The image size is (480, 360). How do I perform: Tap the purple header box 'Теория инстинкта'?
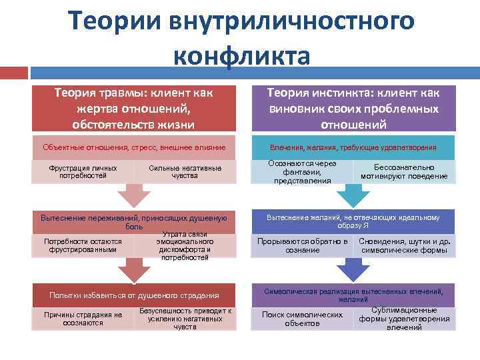[353, 109]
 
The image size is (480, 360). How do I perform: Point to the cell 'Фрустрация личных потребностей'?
[83, 172]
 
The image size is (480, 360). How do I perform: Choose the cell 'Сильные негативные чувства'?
[185, 172]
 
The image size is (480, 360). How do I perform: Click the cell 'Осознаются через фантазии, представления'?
[301, 171]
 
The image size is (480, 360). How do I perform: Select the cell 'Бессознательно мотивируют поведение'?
[404, 172]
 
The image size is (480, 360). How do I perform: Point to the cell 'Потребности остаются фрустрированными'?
[83, 245]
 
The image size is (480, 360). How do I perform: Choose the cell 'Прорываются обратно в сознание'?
[302, 245]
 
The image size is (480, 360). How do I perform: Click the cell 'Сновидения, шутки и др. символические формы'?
[405, 245]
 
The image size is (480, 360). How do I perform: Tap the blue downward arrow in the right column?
[353, 270]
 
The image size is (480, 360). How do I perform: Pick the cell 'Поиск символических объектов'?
[302, 319]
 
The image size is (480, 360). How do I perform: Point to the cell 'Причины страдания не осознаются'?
[83, 319]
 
